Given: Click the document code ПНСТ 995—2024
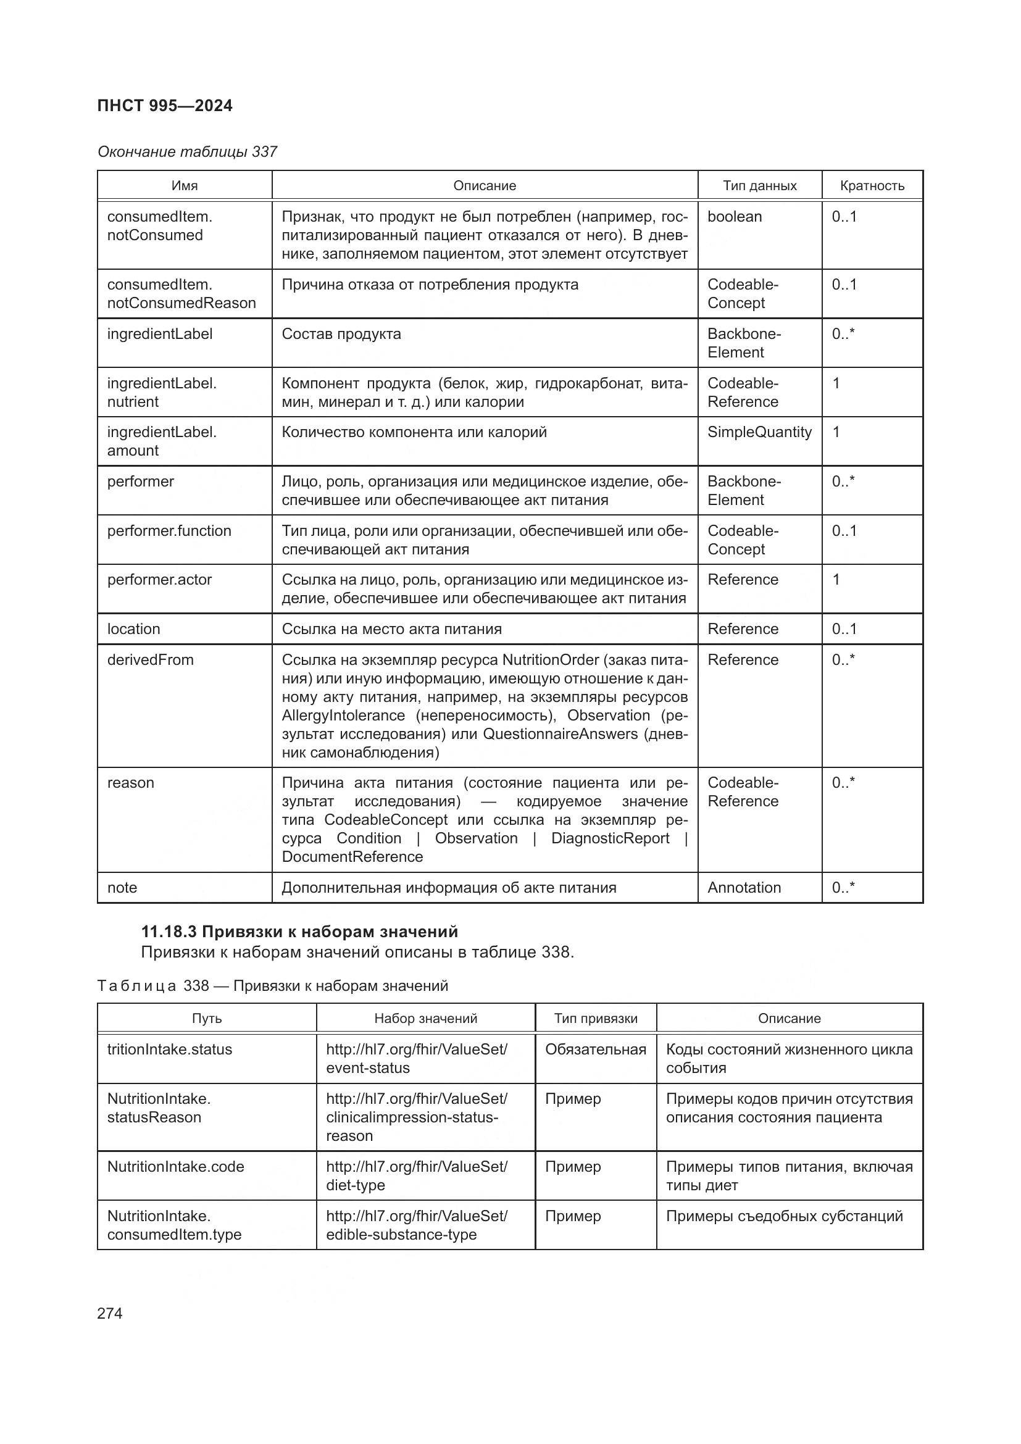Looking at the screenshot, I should (x=165, y=106).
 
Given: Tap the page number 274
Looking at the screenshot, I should (x=110, y=1313).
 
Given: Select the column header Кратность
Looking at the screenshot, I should (x=872, y=186).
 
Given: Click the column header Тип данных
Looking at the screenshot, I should (x=759, y=186).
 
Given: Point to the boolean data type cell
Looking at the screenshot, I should (x=735, y=216).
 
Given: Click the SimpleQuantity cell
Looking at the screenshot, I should (x=759, y=432).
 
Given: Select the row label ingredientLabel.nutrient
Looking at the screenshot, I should (x=162, y=393).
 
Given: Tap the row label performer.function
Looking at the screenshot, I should (x=169, y=531).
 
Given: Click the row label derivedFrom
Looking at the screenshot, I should (x=150, y=660).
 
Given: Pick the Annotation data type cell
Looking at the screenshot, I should (x=744, y=887).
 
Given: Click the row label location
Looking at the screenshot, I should (x=133, y=629).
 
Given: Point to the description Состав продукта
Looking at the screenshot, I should (x=341, y=334).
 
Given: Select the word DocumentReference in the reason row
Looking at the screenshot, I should (x=352, y=857).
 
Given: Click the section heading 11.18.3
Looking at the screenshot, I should (x=299, y=932).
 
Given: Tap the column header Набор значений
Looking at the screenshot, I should (x=426, y=1018).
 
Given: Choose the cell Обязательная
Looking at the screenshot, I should (x=595, y=1049).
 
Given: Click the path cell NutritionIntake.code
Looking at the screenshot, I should (x=175, y=1167).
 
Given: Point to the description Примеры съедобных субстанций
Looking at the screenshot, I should (x=784, y=1216).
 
